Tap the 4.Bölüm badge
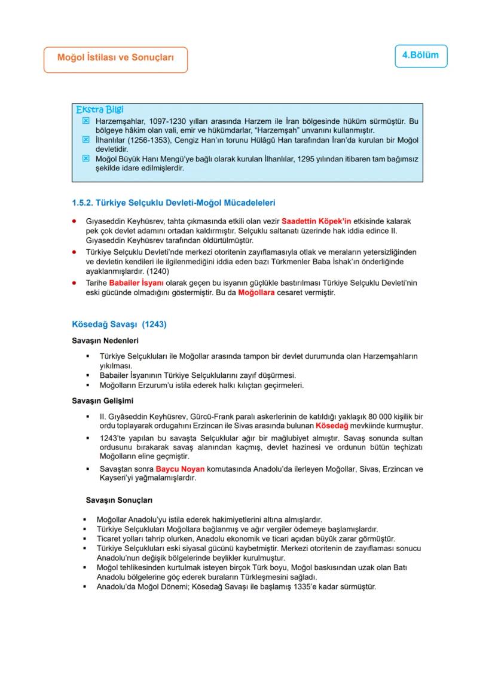(420, 55)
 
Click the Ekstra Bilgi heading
(100, 109)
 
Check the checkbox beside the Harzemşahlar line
(85, 121)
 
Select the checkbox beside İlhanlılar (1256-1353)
(85, 139)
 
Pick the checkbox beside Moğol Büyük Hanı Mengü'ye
(85, 159)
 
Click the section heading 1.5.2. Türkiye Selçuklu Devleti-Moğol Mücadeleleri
(173, 203)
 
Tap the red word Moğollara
(260, 294)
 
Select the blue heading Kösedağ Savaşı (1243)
(118, 325)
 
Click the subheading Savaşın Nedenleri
(105, 341)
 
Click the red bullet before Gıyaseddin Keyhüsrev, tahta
(73, 221)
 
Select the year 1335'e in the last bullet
(326, 586)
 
